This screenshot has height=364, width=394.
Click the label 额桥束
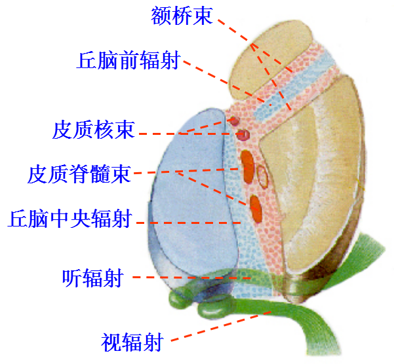182,15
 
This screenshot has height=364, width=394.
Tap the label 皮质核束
93,130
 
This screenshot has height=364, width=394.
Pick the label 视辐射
132,341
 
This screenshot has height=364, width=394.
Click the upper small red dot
233,120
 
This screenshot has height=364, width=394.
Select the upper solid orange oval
248,164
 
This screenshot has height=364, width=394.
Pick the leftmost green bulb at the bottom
178,300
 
